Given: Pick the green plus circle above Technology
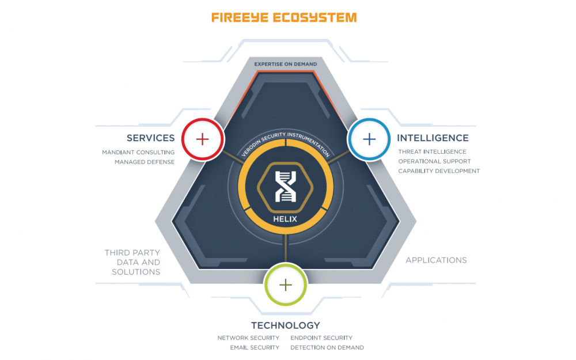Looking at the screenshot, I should tap(286, 285).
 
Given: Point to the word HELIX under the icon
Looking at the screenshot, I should tap(285, 219).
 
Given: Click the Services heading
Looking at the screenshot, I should tap(150, 138).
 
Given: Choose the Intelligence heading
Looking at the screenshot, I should tap(433, 138).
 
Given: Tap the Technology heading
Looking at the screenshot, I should tap(285, 325).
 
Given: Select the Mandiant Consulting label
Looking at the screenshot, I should tap(138, 153).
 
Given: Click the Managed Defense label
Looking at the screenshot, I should tap(145, 162).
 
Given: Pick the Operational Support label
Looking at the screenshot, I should tap(434, 161).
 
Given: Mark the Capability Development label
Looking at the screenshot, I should tap(439, 171).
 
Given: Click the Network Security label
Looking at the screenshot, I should tap(248, 338).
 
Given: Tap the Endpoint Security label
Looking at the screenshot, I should tap(321, 338).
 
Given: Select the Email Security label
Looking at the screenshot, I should tap(255, 348).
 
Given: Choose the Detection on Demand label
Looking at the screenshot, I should tap(327, 348).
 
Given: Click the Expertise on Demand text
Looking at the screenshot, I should tap(286, 64).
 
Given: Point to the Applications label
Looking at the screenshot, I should tap(436, 260).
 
